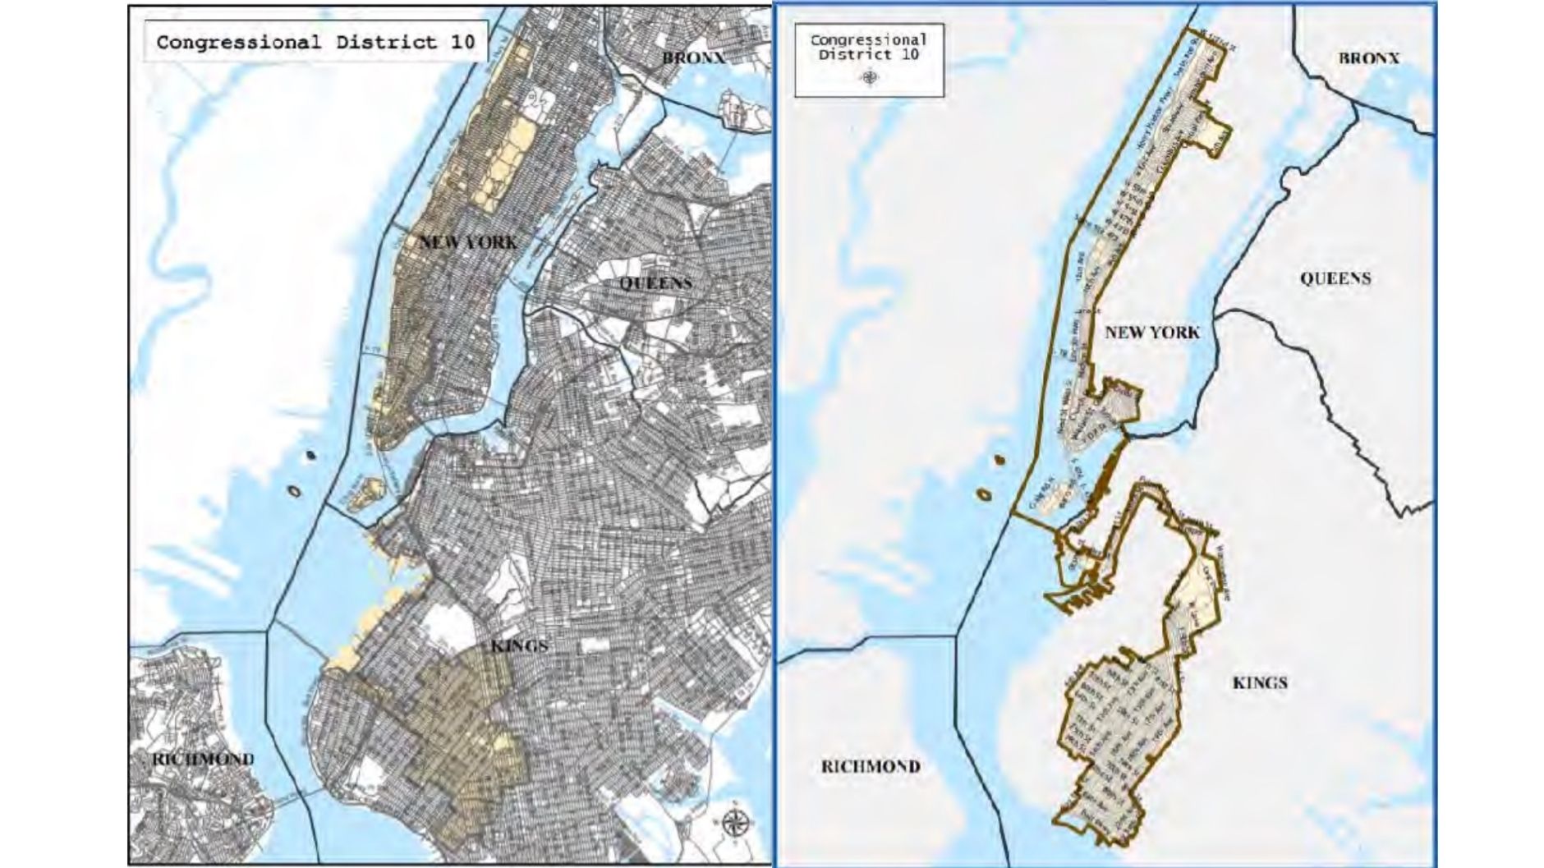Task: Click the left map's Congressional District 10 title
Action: pos(315,43)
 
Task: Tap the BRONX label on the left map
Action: pos(694,57)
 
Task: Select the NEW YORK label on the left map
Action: pos(468,242)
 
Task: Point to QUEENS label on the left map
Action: pos(655,283)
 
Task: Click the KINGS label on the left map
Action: pos(519,646)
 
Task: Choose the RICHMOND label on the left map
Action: pos(203,760)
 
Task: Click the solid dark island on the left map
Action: pos(311,454)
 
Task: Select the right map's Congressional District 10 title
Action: pos(869,47)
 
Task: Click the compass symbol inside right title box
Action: pos(870,78)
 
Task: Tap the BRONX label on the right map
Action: pos(1368,58)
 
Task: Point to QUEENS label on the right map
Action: pos(1335,278)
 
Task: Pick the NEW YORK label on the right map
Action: pos(1151,333)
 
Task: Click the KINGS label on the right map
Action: pos(1259,682)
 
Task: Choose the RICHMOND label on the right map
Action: pos(871,766)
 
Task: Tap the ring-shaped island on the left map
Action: pos(293,491)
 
